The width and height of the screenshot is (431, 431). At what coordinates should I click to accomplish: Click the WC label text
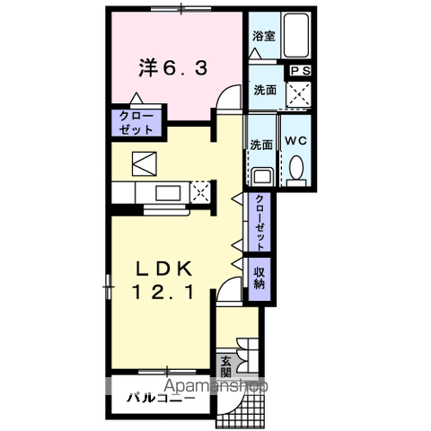click(x=296, y=142)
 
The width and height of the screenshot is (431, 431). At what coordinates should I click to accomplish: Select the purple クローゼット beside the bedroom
click(x=135, y=123)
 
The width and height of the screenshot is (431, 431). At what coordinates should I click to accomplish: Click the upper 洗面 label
click(x=264, y=90)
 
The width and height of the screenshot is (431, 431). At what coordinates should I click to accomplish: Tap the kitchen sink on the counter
click(x=166, y=193)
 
